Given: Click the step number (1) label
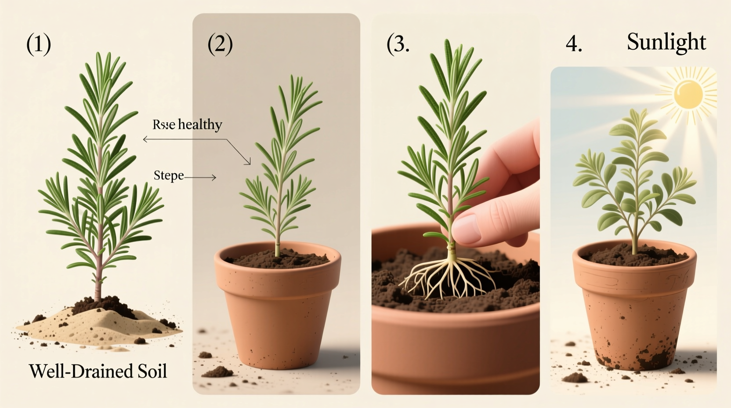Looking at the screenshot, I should point(39,44).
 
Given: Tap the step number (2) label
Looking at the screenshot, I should point(220,44).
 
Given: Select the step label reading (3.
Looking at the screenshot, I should point(398,44).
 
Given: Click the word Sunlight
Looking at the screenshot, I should point(666,43).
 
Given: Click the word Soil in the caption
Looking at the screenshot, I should point(149,372).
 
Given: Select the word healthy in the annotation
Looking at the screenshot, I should point(200,125).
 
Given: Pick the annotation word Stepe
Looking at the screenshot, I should point(169,175).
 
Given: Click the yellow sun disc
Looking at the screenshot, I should point(688,94).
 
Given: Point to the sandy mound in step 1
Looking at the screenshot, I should point(101,325).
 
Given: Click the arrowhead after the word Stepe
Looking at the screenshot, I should point(214,178).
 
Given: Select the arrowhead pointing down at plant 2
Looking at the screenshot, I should point(248,163).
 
